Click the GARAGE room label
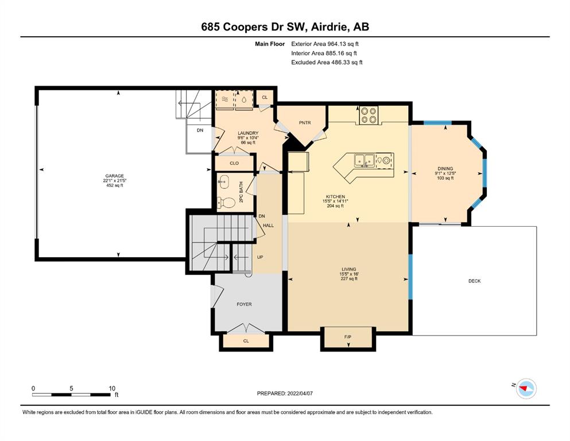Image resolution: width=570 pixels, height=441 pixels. click(x=114, y=176)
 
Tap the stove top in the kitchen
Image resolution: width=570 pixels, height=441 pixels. click(x=369, y=115)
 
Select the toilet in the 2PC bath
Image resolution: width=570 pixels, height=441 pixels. click(x=226, y=203)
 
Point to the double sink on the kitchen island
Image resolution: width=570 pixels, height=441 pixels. click(x=365, y=160)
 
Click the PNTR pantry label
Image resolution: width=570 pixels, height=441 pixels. click(x=305, y=123)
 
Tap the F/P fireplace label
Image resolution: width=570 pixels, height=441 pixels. click(x=348, y=337)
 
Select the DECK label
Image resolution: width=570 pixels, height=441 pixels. click(x=474, y=281)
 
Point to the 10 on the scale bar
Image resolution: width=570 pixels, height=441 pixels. click(x=112, y=388)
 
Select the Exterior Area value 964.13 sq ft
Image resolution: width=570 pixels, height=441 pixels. click(x=343, y=44)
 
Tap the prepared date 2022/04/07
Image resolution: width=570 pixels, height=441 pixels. click(x=300, y=393)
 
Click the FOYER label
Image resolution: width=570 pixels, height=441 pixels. click(x=244, y=304)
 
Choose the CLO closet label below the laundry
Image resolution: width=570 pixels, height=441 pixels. click(x=234, y=163)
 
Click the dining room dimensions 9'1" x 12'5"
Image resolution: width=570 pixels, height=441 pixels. click(x=445, y=173)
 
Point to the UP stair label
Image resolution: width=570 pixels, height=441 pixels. click(x=260, y=257)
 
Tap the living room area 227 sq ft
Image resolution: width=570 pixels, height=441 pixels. click(x=348, y=279)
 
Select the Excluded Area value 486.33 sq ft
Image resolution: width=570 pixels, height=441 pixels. click(x=347, y=63)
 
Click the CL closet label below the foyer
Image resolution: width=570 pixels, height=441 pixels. click(x=246, y=341)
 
